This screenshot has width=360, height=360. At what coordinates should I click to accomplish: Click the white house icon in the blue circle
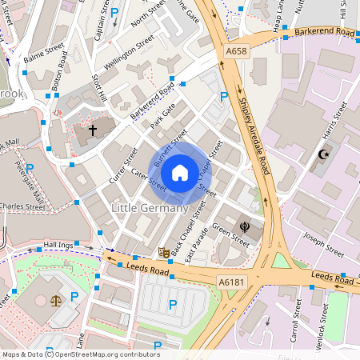(180, 172)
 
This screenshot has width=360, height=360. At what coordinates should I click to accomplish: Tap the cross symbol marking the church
(92, 129)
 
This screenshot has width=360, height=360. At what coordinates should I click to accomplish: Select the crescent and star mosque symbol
(324, 154)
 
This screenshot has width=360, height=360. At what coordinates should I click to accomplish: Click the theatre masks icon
(164, 252)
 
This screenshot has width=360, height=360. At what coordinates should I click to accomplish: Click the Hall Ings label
(58, 244)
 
